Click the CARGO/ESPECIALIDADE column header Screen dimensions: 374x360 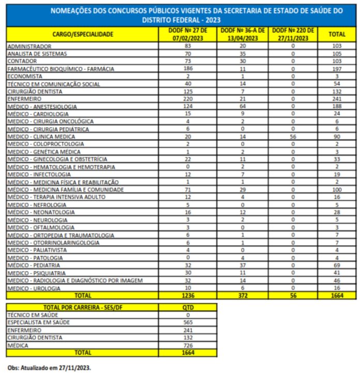coord(83,34)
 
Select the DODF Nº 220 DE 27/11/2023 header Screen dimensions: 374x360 coord(293,34)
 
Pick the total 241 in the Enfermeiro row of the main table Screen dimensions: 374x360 coord(337,99)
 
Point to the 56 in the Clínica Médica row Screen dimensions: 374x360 coord(293,137)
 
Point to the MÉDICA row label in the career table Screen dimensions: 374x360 coord(19,345)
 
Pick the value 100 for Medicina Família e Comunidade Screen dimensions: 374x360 coord(337,190)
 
